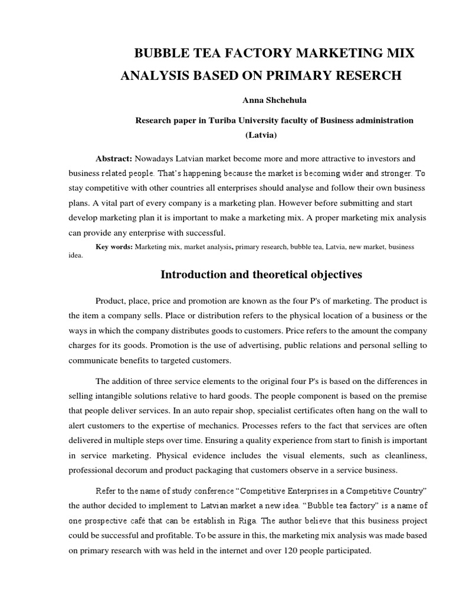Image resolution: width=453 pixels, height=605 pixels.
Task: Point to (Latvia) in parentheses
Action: click(261, 135)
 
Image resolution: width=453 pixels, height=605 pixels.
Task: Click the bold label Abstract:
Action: click(114, 158)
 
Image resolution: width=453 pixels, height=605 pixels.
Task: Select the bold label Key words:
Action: click(114, 246)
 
